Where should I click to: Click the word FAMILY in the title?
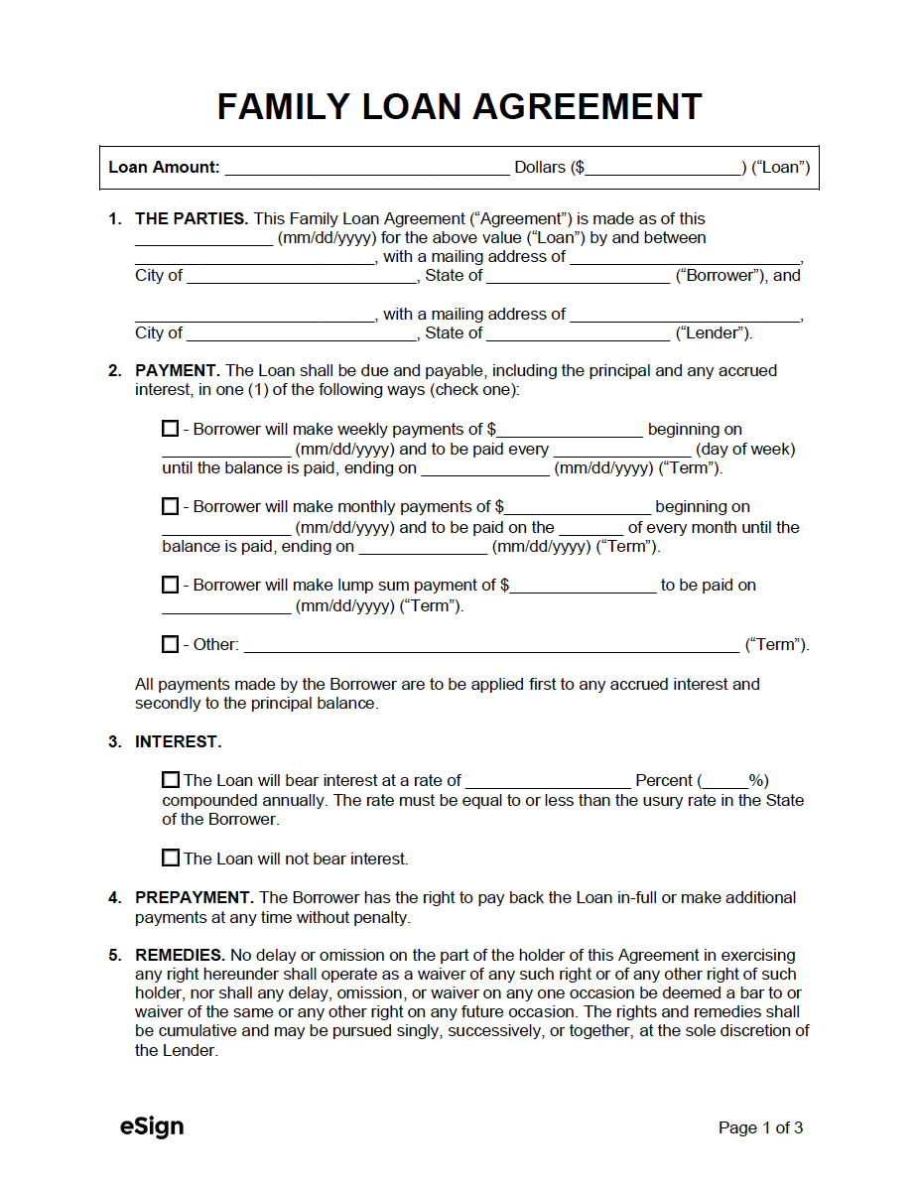tap(282, 106)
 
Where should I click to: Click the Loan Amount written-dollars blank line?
tap(366, 168)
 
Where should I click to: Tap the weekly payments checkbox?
tap(171, 429)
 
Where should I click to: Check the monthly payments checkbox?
tap(171, 507)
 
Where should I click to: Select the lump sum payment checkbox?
tap(171, 585)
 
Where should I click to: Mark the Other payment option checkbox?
tap(171, 644)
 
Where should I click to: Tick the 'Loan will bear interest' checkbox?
tap(171, 780)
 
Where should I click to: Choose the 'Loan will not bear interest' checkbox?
tap(171, 858)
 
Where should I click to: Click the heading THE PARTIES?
tap(192, 218)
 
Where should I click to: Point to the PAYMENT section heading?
tap(178, 370)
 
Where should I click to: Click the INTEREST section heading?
tap(179, 741)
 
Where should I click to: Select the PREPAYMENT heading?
tap(195, 897)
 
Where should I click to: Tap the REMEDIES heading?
tap(181, 955)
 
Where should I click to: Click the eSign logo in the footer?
tap(152, 1126)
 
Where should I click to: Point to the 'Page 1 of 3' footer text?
tap(760, 1127)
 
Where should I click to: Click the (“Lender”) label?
tap(714, 332)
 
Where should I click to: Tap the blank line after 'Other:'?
tap(491, 645)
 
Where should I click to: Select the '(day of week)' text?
tap(745, 449)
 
